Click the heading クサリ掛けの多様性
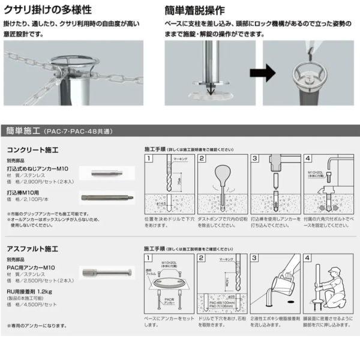pos(49,10)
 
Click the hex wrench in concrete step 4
pos(332,165)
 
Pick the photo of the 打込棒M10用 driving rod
pos(106,196)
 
